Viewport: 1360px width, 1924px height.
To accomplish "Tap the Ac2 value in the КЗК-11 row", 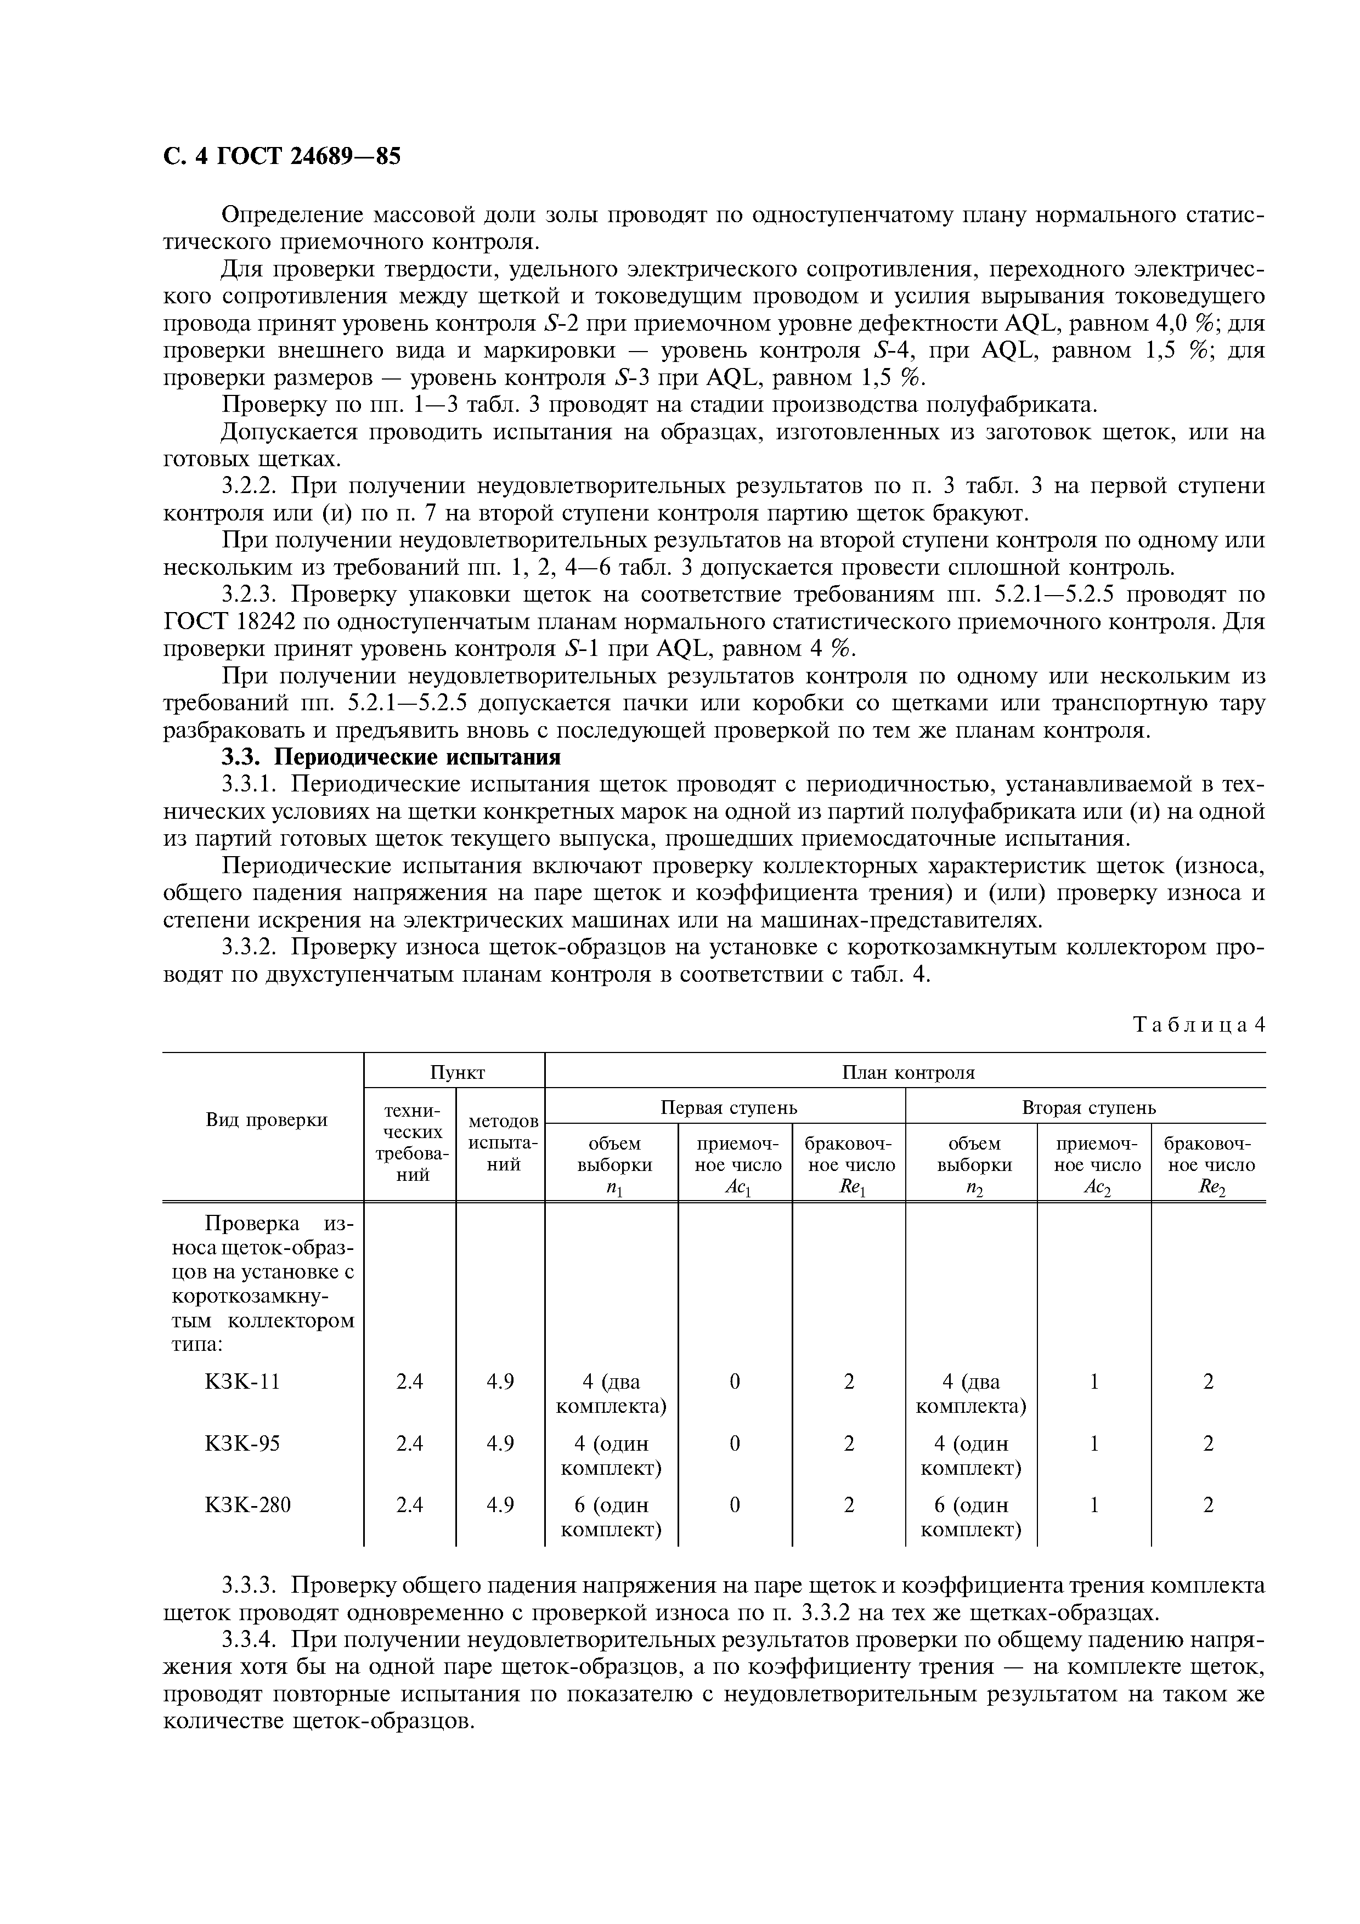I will pos(1093,1381).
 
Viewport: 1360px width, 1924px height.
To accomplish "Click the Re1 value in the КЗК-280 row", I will pos(849,1505).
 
